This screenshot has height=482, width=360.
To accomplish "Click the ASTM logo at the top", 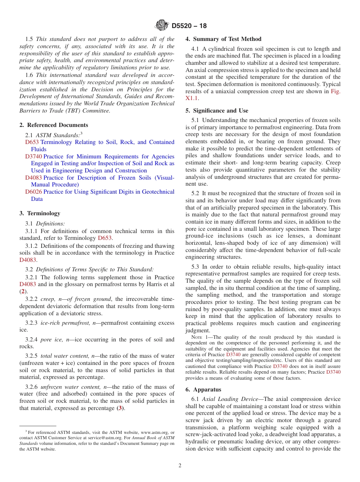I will [x=162, y=26].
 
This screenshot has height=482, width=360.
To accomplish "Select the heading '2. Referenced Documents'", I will [x=54, y=125].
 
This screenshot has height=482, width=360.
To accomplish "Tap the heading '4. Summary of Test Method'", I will [x=223, y=39].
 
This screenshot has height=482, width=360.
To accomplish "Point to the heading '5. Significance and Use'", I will [x=217, y=111].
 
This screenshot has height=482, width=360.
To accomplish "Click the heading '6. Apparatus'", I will [x=203, y=390].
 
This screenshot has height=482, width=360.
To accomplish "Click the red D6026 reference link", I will [x=33, y=192].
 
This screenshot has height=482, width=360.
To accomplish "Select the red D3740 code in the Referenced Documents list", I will [x=33, y=156].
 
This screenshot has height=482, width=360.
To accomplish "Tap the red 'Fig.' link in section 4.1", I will [x=335, y=91].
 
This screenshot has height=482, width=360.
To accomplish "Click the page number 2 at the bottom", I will [x=180, y=466].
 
